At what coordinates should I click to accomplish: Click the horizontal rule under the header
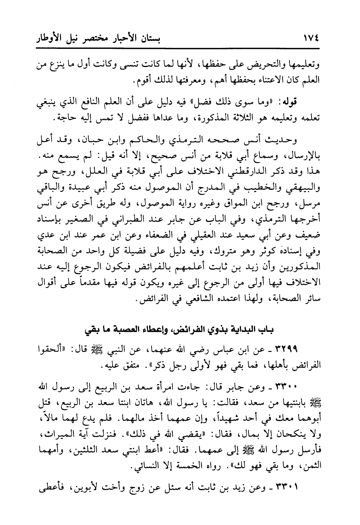click(180, 48)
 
